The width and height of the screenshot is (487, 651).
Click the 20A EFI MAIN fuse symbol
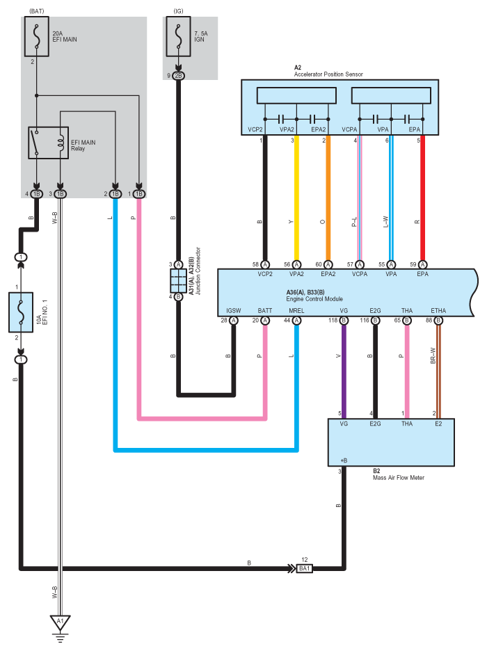click(x=37, y=37)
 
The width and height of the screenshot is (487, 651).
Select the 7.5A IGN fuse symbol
click(x=179, y=37)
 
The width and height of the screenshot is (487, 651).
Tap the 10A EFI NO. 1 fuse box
click(x=21, y=312)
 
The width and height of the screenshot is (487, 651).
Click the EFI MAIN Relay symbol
click(x=48, y=143)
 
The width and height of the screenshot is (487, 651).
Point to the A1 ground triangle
click(x=61, y=622)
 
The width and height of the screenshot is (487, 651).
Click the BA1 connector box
click(x=304, y=568)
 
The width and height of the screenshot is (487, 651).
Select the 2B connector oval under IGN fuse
click(x=179, y=76)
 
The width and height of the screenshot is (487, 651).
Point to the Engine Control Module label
click(x=314, y=299)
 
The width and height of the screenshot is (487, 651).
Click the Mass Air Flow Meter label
click(x=399, y=478)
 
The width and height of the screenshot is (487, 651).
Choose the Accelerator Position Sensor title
click(x=328, y=74)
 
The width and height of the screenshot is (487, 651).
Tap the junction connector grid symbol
click(x=179, y=281)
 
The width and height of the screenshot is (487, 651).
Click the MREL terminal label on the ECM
click(x=296, y=311)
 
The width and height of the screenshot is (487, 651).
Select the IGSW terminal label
click(x=233, y=311)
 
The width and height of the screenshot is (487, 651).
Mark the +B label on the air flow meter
click(x=344, y=460)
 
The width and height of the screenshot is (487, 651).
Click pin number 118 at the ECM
click(x=333, y=320)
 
